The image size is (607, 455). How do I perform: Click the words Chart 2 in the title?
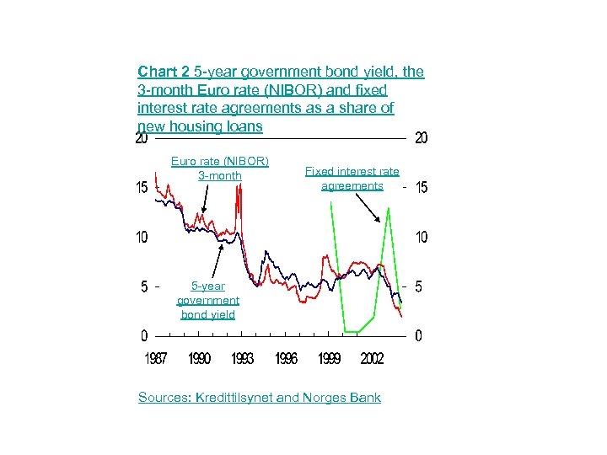point(164,72)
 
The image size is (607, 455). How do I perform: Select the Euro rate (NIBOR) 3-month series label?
point(219,168)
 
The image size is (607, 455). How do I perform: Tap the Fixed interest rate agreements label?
point(352,179)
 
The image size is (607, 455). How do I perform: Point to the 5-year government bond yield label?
point(207,300)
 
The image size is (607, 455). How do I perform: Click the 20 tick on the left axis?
point(142,139)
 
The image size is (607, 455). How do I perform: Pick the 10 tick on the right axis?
point(421,238)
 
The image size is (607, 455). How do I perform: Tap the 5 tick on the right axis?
point(419,287)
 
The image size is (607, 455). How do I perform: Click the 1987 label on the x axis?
point(155,359)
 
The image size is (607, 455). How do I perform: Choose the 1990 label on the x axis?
point(200,359)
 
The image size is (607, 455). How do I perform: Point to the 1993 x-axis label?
point(242,359)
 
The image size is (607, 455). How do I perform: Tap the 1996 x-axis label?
point(286,359)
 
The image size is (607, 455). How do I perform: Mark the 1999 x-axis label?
point(329,359)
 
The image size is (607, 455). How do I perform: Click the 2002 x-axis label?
point(372,359)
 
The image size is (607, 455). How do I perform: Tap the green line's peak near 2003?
point(389,208)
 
